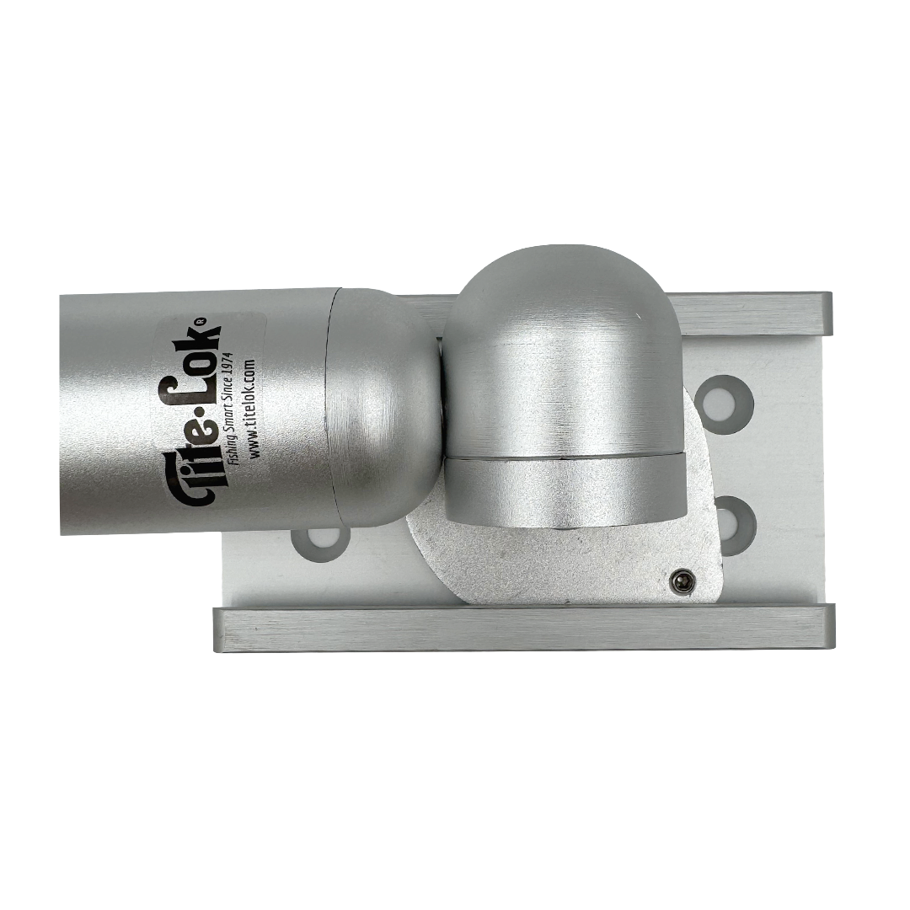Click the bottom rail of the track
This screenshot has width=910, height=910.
point(522,628)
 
